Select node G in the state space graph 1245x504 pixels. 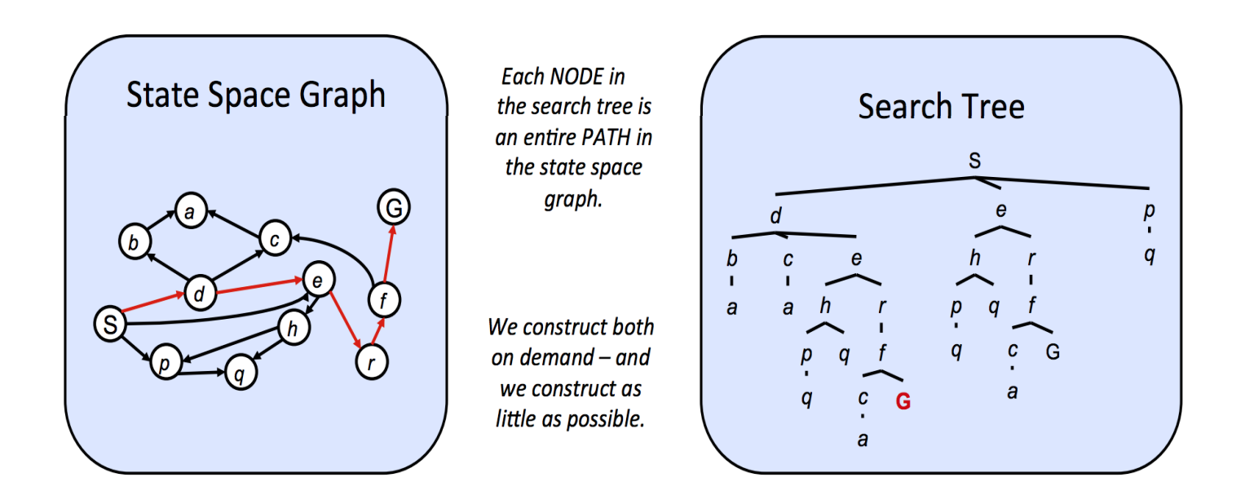[393, 209]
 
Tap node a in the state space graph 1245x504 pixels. [189, 213]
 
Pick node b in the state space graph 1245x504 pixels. [132, 241]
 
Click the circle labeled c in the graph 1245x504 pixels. [276, 239]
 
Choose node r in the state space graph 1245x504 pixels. [372, 362]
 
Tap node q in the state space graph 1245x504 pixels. [239, 374]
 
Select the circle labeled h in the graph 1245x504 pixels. [290, 329]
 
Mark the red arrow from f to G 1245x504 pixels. [389, 254]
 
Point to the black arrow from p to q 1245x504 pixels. [201, 373]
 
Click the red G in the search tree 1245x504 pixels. [903, 401]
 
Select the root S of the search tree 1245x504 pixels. [974, 161]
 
